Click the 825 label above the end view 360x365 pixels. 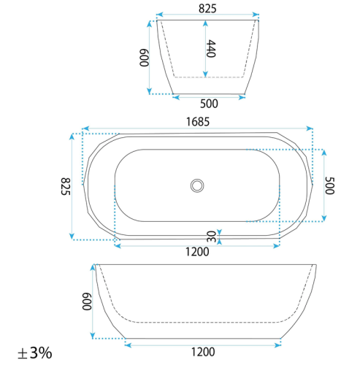tap(207, 9)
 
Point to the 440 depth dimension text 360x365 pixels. tap(211, 49)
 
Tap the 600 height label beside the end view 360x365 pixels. tap(144, 58)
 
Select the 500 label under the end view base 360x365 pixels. tap(209, 104)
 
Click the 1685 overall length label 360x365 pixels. tap(198, 122)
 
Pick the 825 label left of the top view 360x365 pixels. tap(66, 186)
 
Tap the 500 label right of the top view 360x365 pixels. tap(330, 185)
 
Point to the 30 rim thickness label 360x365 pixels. tap(211, 237)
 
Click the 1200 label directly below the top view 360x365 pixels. tap(197, 252)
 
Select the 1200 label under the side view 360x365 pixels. tap(203, 352)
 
